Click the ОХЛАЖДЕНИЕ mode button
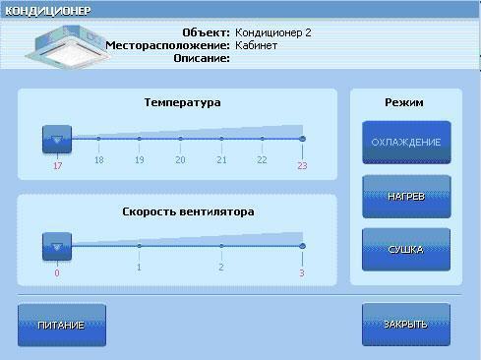pos(405,143)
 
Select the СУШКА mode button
pos(405,249)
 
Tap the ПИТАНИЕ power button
pos(61,325)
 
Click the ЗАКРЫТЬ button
pos(405,325)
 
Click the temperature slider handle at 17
pos(57,139)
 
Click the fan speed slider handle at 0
pos(57,246)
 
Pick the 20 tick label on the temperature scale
pos(180,159)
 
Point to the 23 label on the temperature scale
pos(302,165)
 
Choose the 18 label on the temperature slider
pos(98,159)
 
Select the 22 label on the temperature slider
pos(262,159)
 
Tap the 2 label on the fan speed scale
pos(221,267)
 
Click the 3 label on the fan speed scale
pos(302,272)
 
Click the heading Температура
pos(182,102)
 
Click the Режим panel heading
pos(404,102)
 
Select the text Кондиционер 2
pos(273,32)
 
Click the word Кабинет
pos(256,45)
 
